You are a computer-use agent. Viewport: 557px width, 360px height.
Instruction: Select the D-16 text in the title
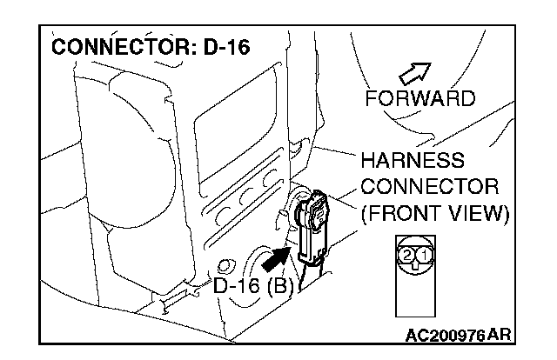tap(226, 46)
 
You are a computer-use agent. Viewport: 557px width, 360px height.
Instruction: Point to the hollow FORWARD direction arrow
tap(415, 72)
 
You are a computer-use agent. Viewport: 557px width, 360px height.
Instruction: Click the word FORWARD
tap(421, 97)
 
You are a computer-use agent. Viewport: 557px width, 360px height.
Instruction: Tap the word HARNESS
tap(413, 163)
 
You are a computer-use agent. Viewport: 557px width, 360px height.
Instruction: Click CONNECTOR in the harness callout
tap(429, 187)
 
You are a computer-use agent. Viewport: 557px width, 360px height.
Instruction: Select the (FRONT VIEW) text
tap(434, 212)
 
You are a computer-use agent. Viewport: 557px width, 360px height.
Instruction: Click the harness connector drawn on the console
tap(312, 224)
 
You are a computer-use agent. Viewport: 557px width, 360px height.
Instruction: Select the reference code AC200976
tap(445, 336)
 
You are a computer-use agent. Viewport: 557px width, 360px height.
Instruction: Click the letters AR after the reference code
tap(500, 336)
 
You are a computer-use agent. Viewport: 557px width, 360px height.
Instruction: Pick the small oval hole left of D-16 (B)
tap(227, 264)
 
